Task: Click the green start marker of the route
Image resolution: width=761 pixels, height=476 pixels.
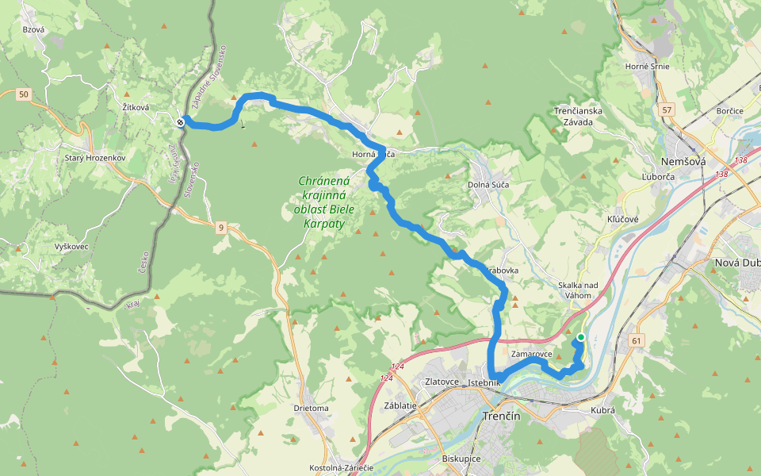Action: (580, 337)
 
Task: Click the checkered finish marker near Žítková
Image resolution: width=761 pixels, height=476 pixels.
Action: (182, 121)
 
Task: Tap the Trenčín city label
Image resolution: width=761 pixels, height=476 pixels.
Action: (501, 416)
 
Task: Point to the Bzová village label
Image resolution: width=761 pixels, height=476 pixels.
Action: (34, 29)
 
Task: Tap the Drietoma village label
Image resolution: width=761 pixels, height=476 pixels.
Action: (311, 409)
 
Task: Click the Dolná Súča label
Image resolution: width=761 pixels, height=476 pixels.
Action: (488, 184)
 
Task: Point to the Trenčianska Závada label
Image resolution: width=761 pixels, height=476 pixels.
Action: (578, 116)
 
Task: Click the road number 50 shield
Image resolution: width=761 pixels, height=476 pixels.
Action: (24, 95)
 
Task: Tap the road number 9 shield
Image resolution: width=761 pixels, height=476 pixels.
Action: (221, 228)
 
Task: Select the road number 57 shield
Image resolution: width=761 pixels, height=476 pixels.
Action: (666, 109)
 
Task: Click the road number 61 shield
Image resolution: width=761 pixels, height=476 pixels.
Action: (635, 340)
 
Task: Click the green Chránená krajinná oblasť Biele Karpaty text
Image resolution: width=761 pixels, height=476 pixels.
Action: (324, 202)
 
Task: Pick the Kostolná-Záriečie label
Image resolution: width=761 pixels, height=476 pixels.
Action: (342, 468)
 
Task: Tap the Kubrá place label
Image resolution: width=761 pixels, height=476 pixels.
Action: (603, 410)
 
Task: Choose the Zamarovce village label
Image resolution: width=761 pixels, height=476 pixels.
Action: (532, 354)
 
